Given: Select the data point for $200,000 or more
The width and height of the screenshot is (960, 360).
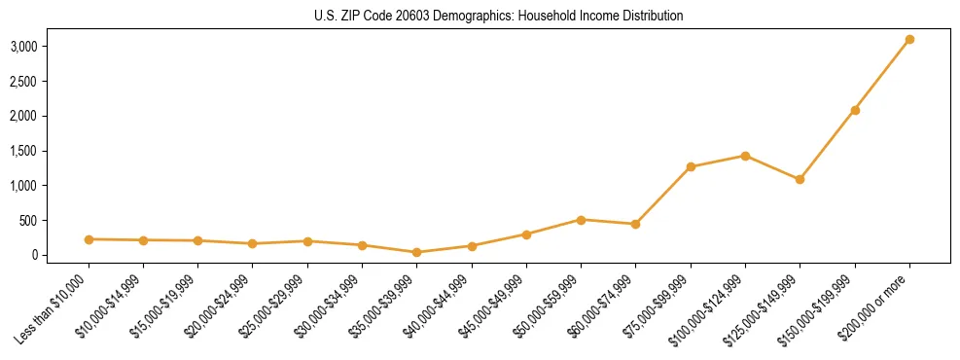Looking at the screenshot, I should click(x=909, y=40).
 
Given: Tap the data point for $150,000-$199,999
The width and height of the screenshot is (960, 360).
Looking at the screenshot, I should click(x=855, y=110).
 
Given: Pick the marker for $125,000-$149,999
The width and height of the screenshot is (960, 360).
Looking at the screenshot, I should click(x=800, y=179).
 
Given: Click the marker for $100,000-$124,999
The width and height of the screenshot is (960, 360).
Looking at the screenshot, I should click(x=745, y=156).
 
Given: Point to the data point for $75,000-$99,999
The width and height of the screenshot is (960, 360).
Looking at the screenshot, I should click(x=691, y=167).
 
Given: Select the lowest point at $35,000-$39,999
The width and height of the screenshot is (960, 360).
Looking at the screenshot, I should click(x=417, y=252).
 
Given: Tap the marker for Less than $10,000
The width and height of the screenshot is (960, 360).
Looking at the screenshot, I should click(x=89, y=239).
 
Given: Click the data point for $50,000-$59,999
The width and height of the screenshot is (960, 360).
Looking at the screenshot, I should click(x=581, y=220).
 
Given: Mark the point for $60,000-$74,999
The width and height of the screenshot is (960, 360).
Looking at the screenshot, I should click(x=635, y=224).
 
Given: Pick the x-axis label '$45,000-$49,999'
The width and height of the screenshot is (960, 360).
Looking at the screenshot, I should click(x=493, y=307).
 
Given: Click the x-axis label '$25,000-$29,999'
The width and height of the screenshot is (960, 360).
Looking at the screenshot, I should click(x=274, y=307).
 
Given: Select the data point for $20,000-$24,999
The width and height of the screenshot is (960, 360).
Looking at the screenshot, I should click(x=253, y=243).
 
